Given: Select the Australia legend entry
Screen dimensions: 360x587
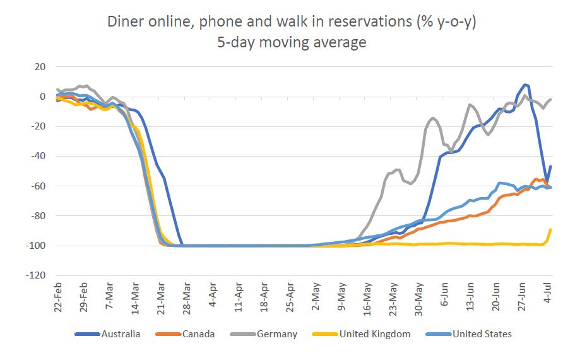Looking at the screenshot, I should pyautogui.click(x=121, y=333).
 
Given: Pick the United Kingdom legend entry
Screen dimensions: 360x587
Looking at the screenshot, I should pyautogui.click(x=374, y=333).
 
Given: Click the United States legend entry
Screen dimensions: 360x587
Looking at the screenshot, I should pyautogui.click(x=482, y=333).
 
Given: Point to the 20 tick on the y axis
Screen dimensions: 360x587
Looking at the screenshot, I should pyautogui.click(x=40, y=67).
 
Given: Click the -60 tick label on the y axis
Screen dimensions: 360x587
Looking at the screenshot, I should pyautogui.click(x=38, y=186).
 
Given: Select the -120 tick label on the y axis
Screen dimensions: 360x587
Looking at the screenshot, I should pyautogui.click(x=36, y=276).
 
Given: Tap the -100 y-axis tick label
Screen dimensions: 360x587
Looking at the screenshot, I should pyautogui.click(x=36, y=246).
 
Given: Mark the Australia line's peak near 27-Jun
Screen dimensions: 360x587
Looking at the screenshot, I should pyautogui.click(x=525, y=85).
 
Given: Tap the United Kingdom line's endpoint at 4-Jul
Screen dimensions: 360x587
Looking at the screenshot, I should pyautogui.click(x=551, y=229).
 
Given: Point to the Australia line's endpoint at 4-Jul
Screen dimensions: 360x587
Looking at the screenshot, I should pyautogui.click(x=551, y=167).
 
